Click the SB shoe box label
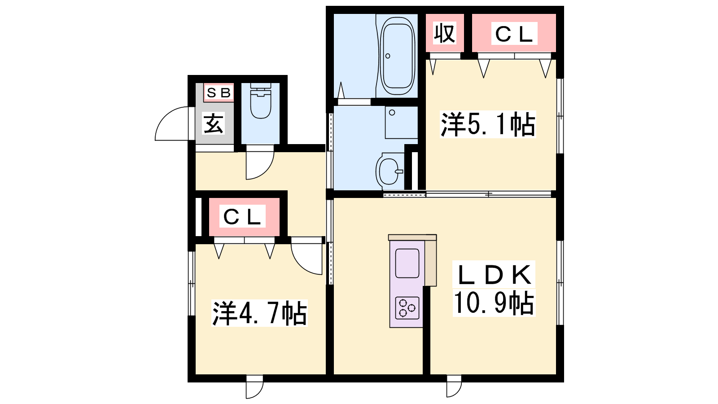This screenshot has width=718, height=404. coord(219,92)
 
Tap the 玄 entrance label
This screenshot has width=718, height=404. coord(214,123)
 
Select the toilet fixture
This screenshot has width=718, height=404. coord(261,101)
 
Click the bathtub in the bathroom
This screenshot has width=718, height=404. coord(397,56)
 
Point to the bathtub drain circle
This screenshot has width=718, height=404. coord(388,56)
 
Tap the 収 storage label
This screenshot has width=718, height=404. coord(445,33)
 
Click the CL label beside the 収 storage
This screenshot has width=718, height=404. coord(514,34)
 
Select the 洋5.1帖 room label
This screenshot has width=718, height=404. coord(488,124)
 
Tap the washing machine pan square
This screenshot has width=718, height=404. coord(401,122)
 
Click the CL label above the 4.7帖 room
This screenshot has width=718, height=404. coord(242,216)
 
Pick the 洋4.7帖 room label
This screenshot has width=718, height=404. coord(259,313)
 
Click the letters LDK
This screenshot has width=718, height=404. coord(494,274)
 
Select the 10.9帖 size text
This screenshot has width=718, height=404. coord(494,303)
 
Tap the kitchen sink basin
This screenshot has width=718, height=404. coord(407,263)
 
